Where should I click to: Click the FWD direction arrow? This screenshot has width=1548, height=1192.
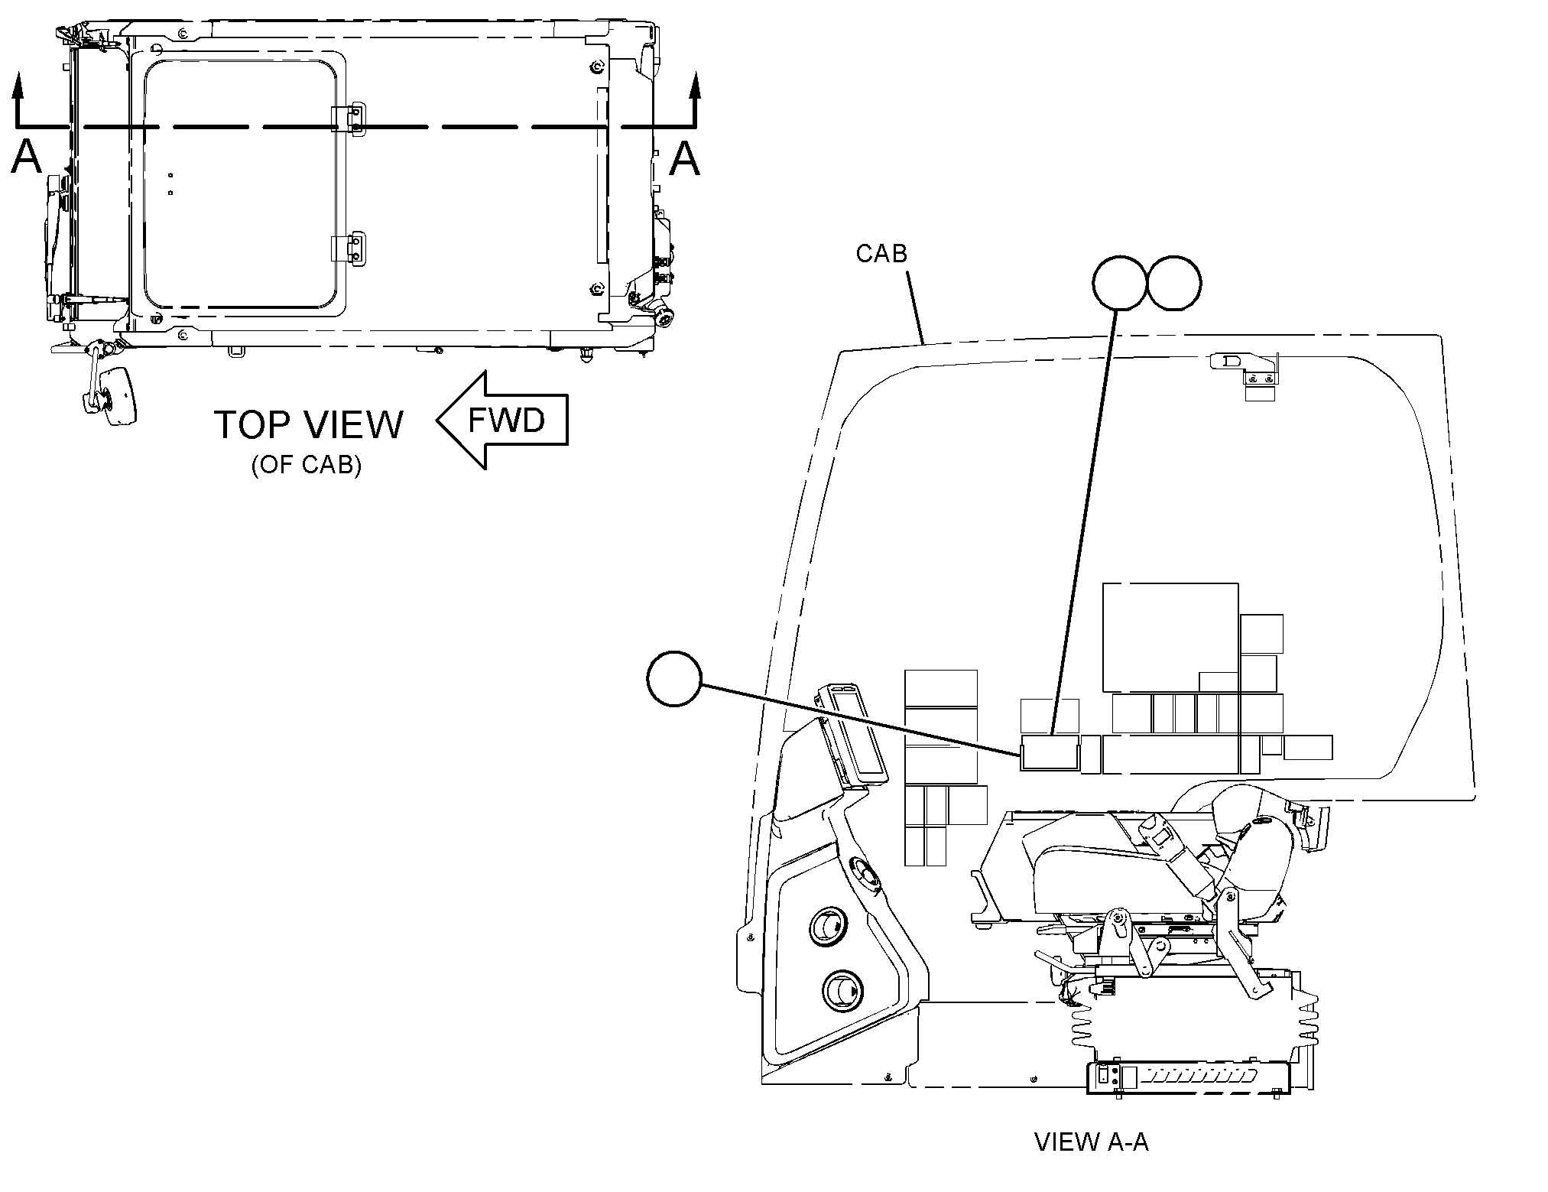[502, 420]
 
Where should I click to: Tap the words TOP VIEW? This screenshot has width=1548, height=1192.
[308, 424]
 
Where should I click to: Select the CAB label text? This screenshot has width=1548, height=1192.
[881, 253]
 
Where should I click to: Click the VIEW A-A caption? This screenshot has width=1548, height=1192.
[1091, 1164]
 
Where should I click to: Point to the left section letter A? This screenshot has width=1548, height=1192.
[27, 158]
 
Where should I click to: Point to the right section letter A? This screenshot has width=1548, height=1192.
[684, 158]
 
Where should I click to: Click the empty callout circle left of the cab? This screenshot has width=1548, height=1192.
[673, 678]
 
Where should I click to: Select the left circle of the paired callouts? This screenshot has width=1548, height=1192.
[1121, 282]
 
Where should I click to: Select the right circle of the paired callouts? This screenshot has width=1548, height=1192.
[1174, 282]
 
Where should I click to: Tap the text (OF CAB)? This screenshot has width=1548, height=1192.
[306, 466]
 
